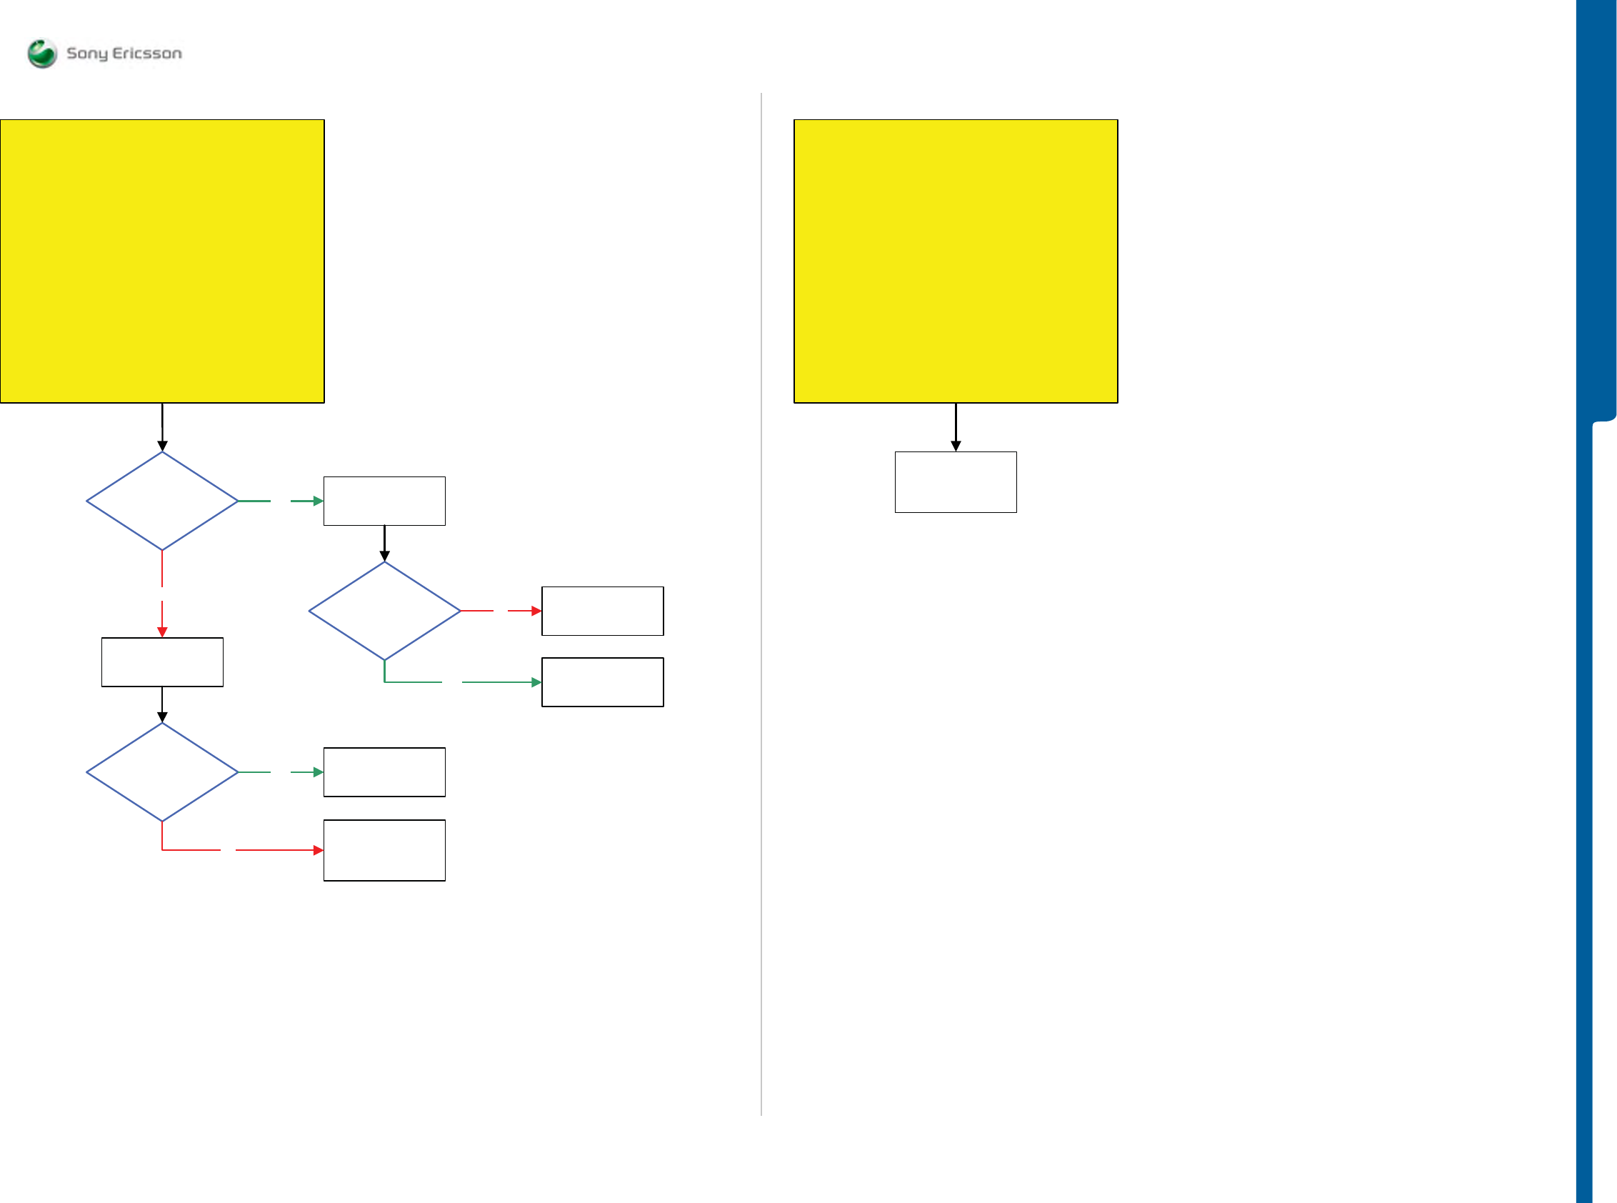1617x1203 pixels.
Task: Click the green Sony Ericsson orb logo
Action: pos(42,53)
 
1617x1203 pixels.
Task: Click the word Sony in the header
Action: pos(86,53)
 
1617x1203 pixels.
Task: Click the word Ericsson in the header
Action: pos(147,53)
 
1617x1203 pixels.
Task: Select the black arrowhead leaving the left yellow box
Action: pos(162,446)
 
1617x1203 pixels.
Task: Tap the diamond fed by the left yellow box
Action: pos(162,501)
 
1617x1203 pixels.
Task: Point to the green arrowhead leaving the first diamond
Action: pos(318,501)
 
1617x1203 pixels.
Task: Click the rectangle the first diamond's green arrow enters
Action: pos(384,501)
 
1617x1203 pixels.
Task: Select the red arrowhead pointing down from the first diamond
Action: pos(162,632)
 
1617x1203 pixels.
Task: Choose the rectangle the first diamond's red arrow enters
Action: pos(162,662)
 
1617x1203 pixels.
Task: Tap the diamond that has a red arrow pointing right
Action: pos(384,611)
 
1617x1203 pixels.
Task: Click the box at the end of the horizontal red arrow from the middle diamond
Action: pos(602,611)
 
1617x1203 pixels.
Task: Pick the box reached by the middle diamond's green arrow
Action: pos(602,682)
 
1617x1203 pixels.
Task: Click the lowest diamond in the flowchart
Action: pos(162,772)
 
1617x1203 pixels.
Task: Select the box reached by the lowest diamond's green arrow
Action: pos(384,772)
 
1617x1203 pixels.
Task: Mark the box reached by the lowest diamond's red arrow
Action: pos(384,851)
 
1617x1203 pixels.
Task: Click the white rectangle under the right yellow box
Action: pos(955,482)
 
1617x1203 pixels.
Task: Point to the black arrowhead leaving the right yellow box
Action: pos(956,446)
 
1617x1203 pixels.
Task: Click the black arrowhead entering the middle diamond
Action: pos(384,556)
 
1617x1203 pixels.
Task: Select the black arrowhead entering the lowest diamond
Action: pos(162,717)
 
